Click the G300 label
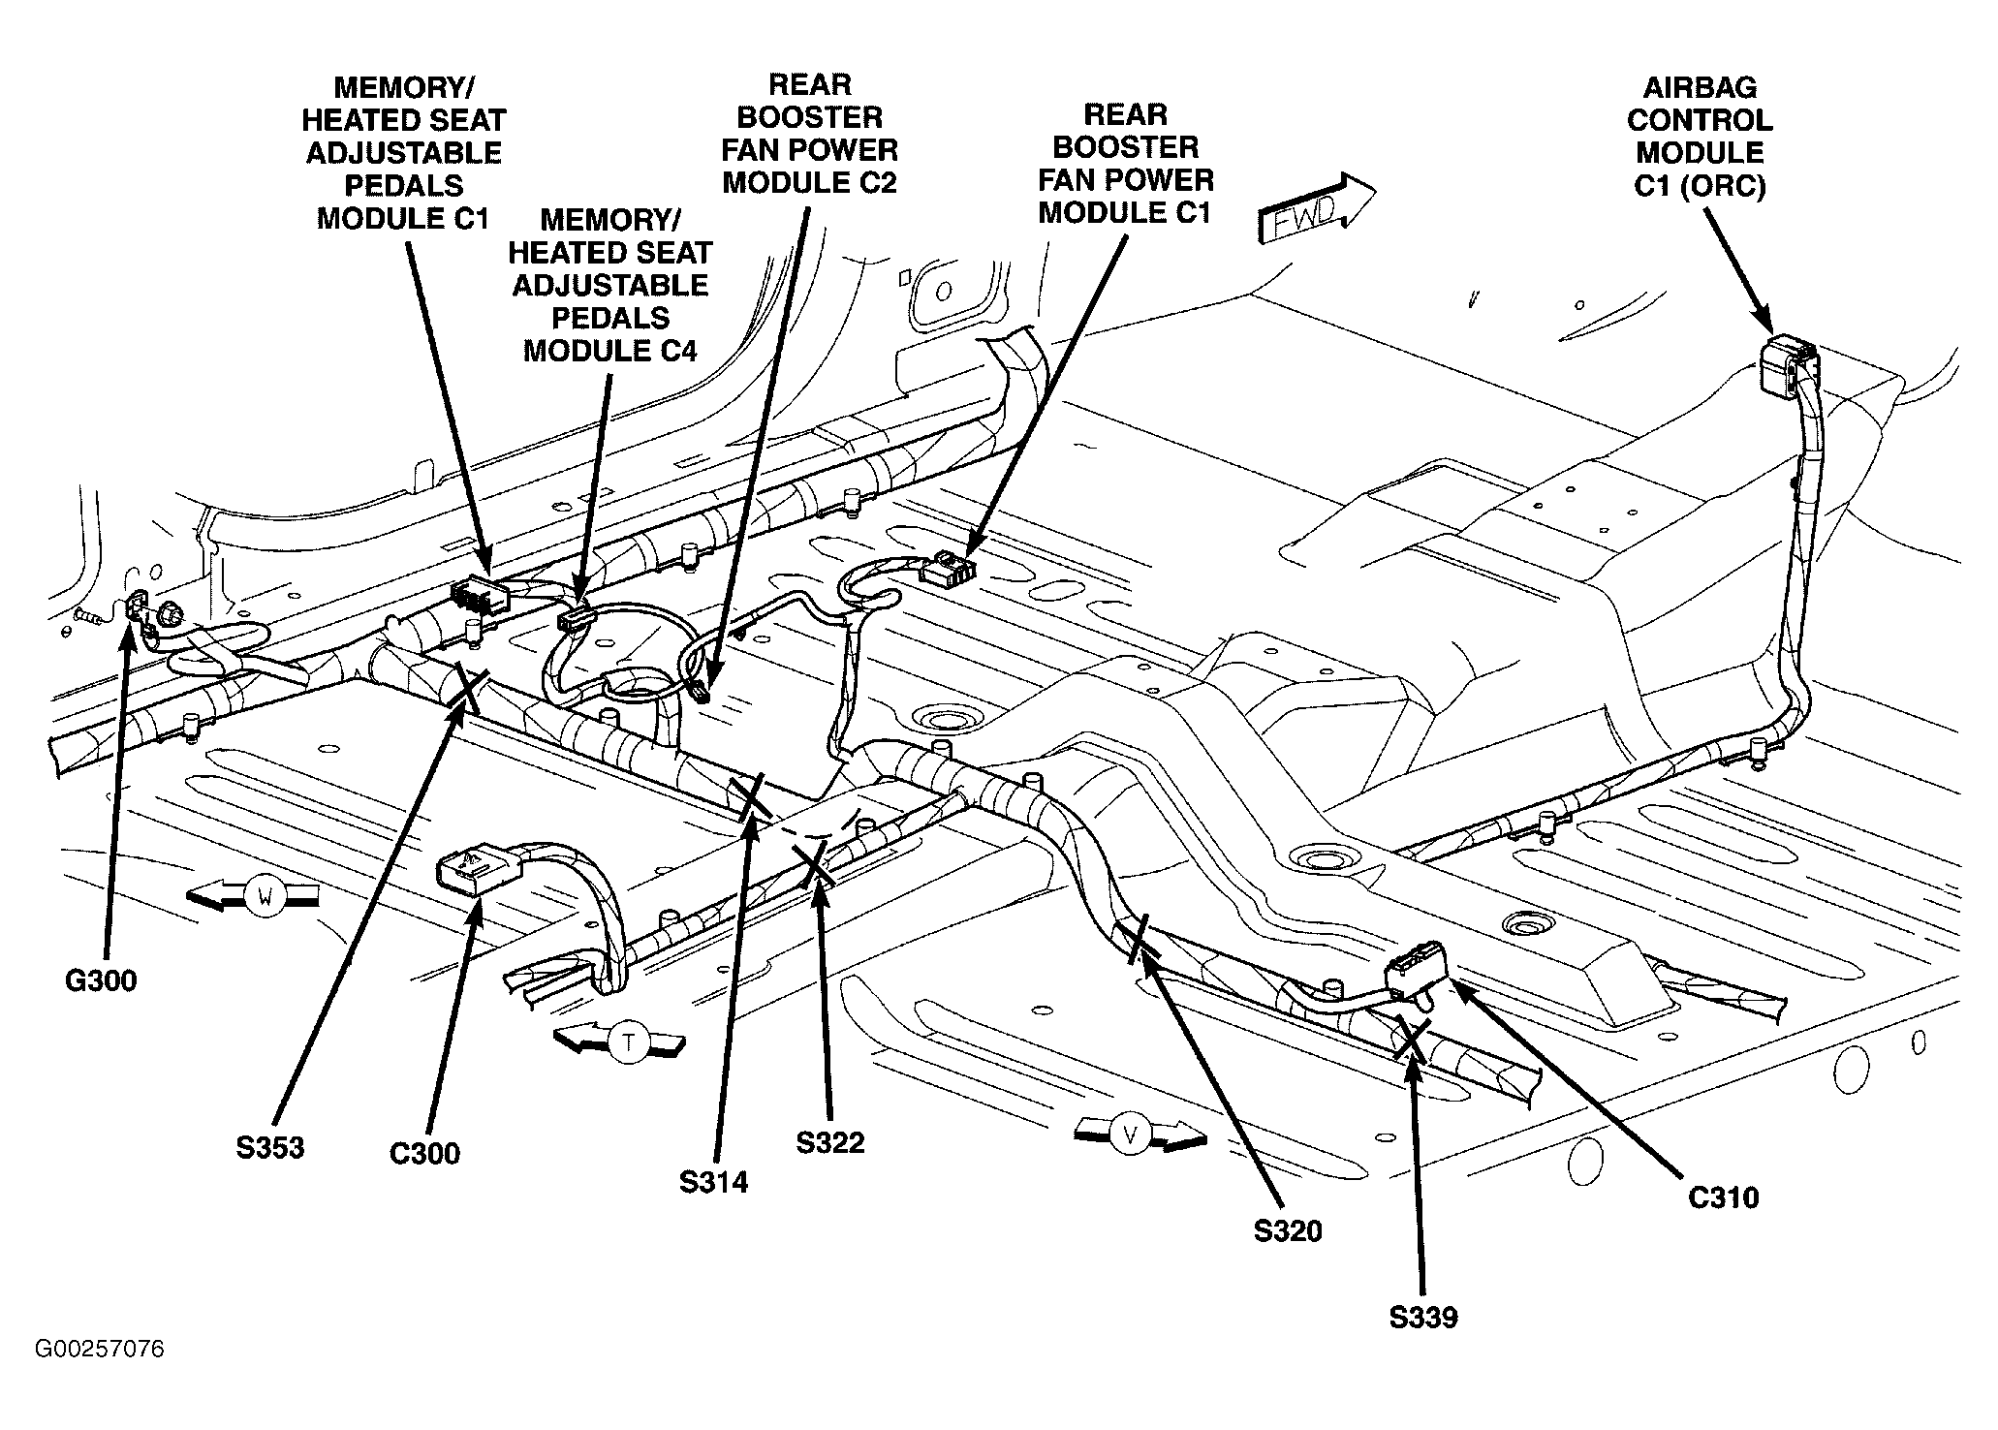102,981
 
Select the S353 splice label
269,1148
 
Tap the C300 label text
424,1154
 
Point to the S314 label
714,1183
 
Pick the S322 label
830,1143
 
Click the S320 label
1288,1231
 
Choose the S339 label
1423,1318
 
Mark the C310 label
1723,1197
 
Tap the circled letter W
262,897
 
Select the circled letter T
630,1043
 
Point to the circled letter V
1130,1135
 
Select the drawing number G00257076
100,1350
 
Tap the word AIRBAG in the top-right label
1700,88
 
